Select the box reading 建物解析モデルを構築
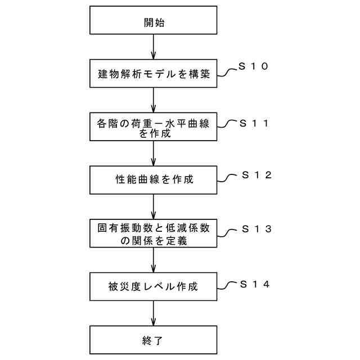pos(154,73)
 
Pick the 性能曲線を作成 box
pos(154,180)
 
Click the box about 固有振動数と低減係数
pos(154,233)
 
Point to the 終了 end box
pos(154,340)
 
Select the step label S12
pos(256,175)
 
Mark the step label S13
pos(256,229)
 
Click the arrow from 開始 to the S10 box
pos(154,49)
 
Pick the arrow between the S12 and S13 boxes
pos(154,206)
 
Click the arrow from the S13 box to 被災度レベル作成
pos(154,260)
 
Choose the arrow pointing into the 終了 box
pos(154,313)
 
